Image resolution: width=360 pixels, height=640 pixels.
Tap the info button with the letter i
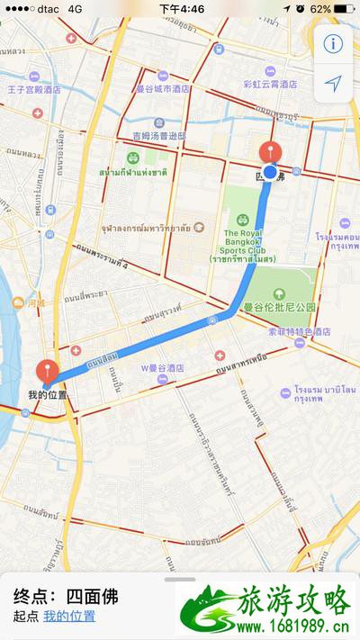pyautogui.click(x=333, y=43)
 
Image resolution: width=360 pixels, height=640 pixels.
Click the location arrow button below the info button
pyautogui.click(x=333, y=84)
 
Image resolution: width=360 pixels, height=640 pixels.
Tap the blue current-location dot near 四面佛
pyautogui.click(x=269, y=171)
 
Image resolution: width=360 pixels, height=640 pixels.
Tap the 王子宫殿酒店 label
pyautogui.click(x=33, y=90)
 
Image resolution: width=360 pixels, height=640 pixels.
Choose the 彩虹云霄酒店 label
pyautogui.click(x=269, y=84)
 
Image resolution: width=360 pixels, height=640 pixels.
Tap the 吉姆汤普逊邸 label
pyautogui.click(x=158, y=137)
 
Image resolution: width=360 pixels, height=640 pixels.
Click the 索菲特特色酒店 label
pyautogui.click(x=299, y=330)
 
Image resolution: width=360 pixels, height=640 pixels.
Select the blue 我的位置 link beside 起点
pyautogui.click(x=69, y=617)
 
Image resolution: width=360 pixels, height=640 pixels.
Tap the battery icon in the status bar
pyautogui.click(x=342, y=8)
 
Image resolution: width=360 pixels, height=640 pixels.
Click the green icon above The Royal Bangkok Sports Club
pyautogui.click(x=242, y=219)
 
